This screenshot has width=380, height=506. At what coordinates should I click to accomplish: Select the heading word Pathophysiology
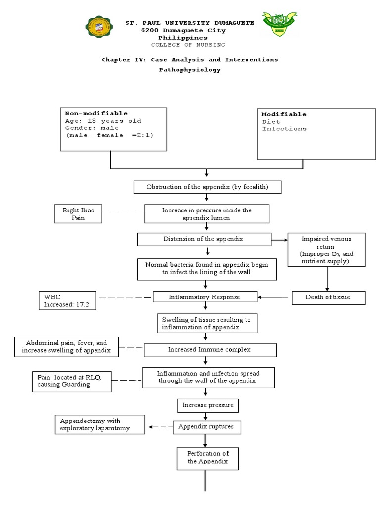pos(190,70)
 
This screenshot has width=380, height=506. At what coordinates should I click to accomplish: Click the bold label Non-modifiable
pos(96,113)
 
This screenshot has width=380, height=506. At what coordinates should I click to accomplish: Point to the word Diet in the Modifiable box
pos(271,121)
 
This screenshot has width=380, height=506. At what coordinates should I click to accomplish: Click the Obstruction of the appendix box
pos(207,187)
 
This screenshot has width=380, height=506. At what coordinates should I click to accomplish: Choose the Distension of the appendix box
pos(203,239)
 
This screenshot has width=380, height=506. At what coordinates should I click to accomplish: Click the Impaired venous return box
pos(326,250)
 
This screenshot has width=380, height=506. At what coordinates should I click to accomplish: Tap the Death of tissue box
pos(329,297)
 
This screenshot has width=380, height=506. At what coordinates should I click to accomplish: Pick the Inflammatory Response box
pos(205,297)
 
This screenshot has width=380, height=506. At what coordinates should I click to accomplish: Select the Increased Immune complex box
pos(210,350)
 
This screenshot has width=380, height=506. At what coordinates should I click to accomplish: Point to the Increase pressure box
pos(208,405)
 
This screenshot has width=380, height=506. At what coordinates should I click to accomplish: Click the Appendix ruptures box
pos(207,427)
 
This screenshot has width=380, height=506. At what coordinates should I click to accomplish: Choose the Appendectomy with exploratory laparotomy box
pos(100,424)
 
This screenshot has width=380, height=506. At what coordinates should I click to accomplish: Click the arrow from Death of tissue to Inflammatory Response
pos(274,297)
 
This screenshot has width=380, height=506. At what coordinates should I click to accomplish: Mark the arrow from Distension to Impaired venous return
pos(280,240)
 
